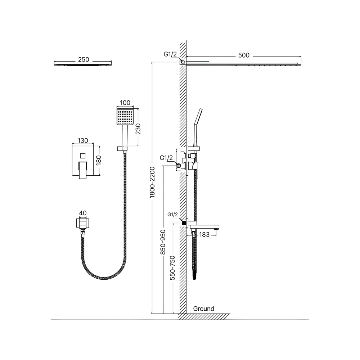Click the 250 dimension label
[x=84, y=59]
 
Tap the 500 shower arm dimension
[x=244, y=55]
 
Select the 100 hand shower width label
[x=125, y=103]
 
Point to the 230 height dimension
[x=138, y=129]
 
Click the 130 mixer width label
[x=83, y=140]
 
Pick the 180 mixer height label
[x=99, y=160]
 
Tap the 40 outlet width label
[x=83, y=213]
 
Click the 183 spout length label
[x=204, y=235]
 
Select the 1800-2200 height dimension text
[x=152, y=182]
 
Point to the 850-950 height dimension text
[x=163, y=242]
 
